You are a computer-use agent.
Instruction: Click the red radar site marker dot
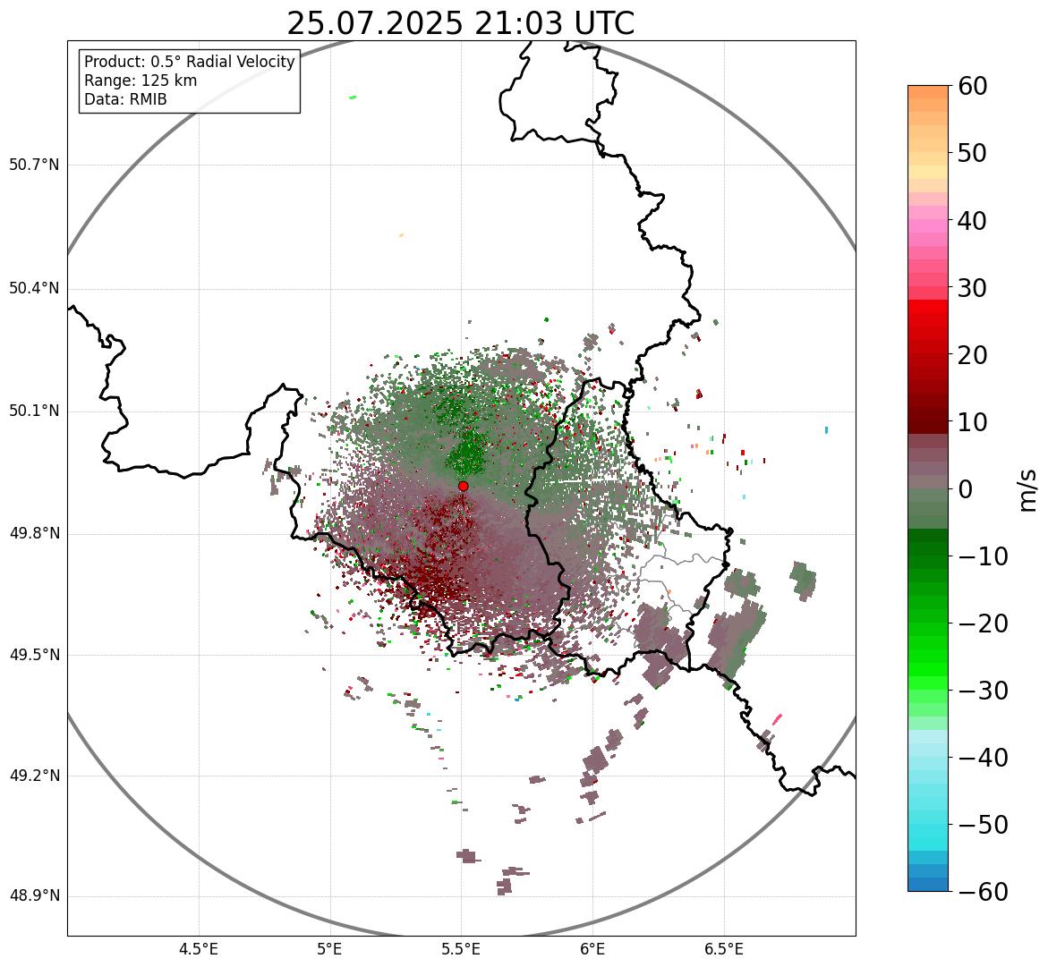pyautogui.click(x=463, y=486)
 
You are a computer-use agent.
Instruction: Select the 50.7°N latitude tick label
pyautogui.click(x=34, y=165)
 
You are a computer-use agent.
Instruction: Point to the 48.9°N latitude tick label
pyautogui.click(x=34, y=896)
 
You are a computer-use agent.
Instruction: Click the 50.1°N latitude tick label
pyautogui.click(x=34, y=411)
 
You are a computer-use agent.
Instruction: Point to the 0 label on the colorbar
pyautogui.click(x=966, y=489)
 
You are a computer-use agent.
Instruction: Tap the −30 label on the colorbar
pyautogui.click(x=983, y=691)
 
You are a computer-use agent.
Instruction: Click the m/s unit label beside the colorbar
pyautogui.click(x=1028, y=489)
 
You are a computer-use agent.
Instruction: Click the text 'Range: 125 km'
pyautogui.click(x=141, y=81)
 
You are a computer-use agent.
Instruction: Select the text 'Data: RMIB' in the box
pyautogui.click(x=125, y=99)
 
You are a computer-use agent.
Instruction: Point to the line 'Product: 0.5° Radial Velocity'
pyautogui.click(x=189, y=62)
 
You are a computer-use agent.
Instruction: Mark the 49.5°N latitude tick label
pyautogui.click(x=34, y=655)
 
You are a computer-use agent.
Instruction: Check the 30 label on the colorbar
pyautogui.click(x=976, y=288)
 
